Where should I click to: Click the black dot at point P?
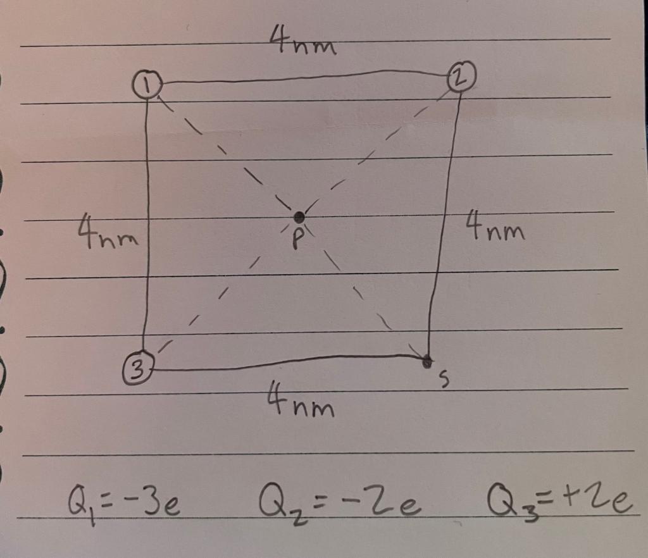pos(299,217)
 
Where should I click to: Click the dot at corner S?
pos(428,361)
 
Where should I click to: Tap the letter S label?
pos(445,379)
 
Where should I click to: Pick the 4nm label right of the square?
pos(495,226)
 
